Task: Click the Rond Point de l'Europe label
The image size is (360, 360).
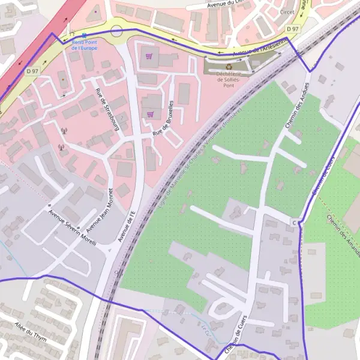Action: point(83,45)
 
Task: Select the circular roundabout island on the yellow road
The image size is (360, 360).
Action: point(116,31)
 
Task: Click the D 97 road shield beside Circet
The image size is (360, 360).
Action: point(292,29)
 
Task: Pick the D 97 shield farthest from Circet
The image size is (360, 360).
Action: point(32,71)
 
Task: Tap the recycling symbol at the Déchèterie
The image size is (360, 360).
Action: point(229,67)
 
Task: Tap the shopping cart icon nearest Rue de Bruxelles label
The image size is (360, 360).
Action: point(150,114)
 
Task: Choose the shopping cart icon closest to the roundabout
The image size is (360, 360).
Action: point(149,56)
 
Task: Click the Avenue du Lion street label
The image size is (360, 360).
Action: point(225,4)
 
